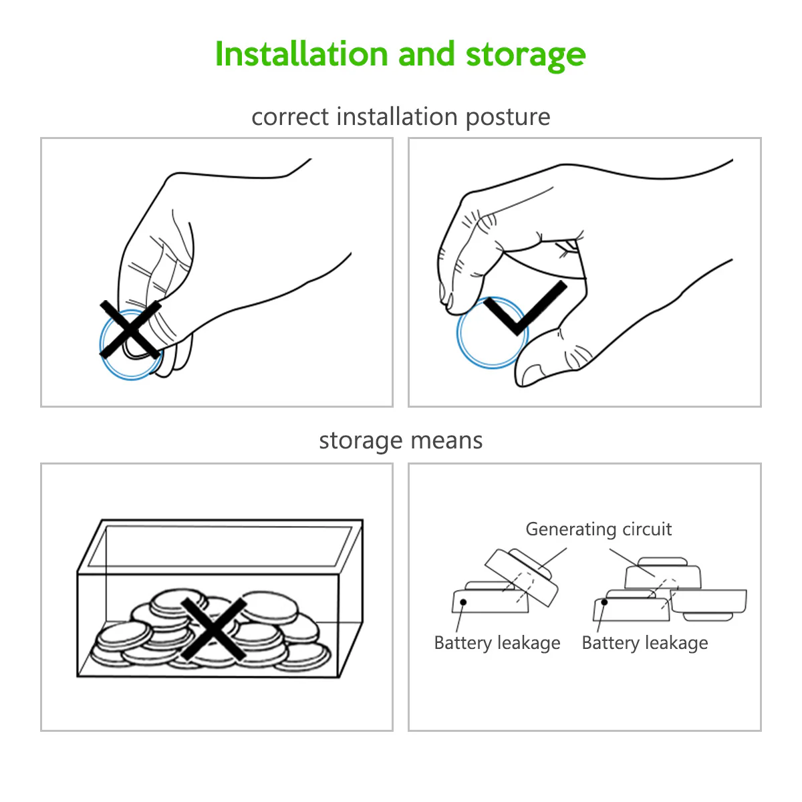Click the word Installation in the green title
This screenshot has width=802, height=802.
pos(301,54)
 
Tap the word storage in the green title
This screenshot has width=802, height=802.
pos(526,57)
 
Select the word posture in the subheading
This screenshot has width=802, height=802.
pos(508,118)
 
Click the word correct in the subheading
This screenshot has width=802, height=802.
pos(291,117)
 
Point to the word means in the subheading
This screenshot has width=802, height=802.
pos(446,440)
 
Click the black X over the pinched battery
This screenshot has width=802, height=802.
pos(130,329)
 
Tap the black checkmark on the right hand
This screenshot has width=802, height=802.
pos(525,308)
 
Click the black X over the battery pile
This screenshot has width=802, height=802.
pos(214,628)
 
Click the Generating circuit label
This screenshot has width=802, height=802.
pos(598,530)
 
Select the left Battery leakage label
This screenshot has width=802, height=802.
pos(497,644)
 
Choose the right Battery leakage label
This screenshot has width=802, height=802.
pos(645,644)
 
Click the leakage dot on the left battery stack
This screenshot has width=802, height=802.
pos(462,601)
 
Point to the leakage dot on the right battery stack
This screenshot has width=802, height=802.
pos(604,601)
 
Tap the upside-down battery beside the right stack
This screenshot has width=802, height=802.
pos(708,604)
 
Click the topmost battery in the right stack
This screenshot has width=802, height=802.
pos(663,573)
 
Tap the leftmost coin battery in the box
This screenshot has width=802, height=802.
pos(123,636)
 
